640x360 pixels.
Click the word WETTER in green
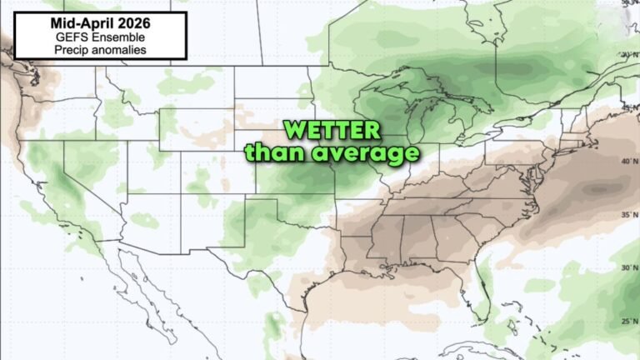[332, 131]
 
